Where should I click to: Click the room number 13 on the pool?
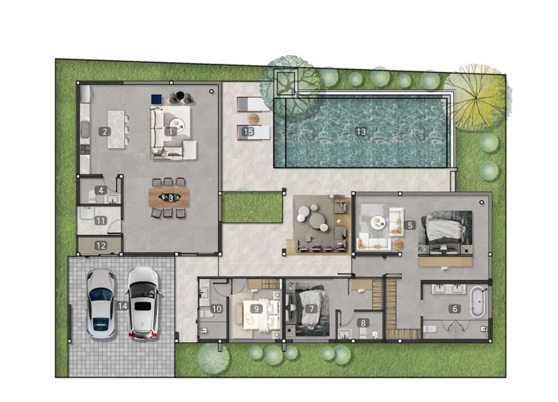(361, 132)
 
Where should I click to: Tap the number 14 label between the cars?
(122, 306)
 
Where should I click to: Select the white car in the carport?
(144, 304)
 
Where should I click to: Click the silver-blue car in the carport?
(101, 304)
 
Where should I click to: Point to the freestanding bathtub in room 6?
(478, 302)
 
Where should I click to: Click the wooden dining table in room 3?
(169, 198)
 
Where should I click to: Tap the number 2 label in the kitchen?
(105, 132)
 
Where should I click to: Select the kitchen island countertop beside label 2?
(116, 129)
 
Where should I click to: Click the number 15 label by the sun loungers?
(248, 132)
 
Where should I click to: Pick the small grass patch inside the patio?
(252, 207)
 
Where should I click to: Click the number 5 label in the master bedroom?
(410, 225)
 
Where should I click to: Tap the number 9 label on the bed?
(256, 308)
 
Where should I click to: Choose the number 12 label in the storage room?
(100, 246)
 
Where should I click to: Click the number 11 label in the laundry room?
(100, 221)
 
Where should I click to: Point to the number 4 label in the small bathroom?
(101, 190)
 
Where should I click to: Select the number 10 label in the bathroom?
(216, 308)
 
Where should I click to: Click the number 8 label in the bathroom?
(363, 323)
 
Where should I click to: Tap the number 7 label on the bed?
(312, 308)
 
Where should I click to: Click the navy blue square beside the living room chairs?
(156, 99)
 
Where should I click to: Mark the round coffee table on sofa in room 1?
(177, 125)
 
